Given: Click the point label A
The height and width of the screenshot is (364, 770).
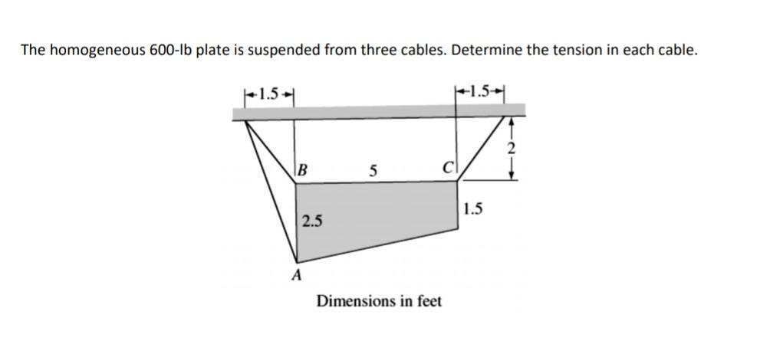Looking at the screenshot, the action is (x=297, y=274).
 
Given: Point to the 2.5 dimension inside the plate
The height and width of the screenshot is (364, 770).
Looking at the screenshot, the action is (x=312, y=222).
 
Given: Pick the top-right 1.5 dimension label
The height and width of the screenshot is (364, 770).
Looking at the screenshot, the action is (x=481, y=94).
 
